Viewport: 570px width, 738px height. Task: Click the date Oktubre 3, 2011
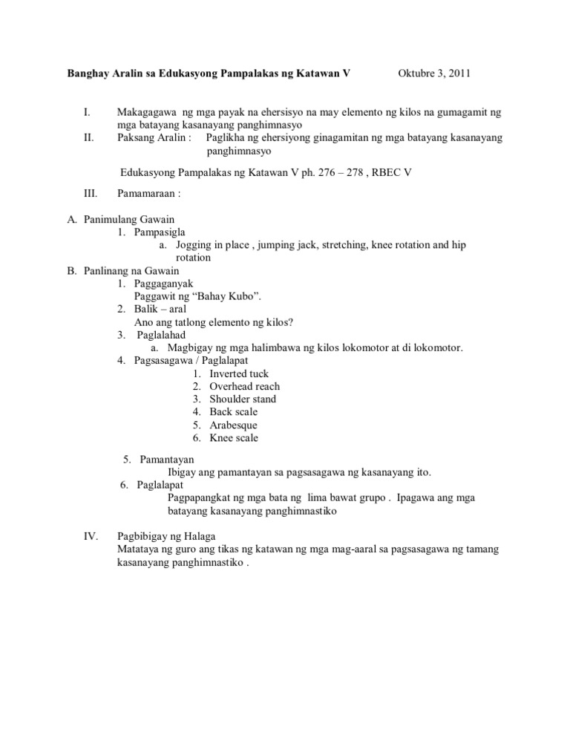click(434, 74)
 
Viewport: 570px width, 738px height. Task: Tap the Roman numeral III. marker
click(90, 195)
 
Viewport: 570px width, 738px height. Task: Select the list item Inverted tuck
click(239, 373)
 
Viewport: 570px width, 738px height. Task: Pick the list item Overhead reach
click(244, 386)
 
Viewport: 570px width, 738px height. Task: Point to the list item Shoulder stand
click(243, 399)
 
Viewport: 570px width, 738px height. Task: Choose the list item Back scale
click(234, 411)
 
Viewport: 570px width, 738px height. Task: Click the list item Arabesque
click(233, 425)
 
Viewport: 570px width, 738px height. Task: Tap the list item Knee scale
click(234, 437)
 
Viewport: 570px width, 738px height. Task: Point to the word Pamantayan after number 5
click(167, 460)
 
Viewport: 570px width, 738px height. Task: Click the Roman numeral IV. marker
click(90, 537)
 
